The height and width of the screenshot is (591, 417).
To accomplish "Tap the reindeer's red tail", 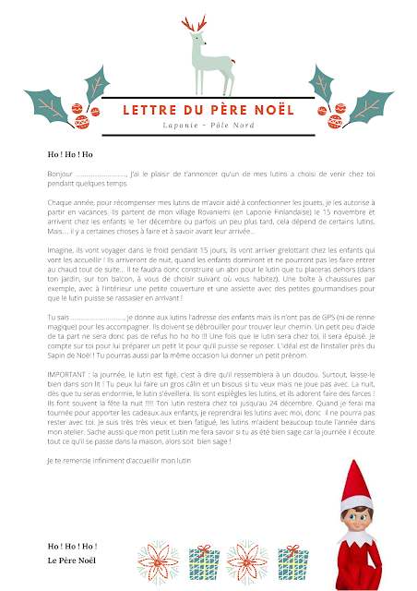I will coord(233,64).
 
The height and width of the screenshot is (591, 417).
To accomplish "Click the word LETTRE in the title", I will coord(151,111).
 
